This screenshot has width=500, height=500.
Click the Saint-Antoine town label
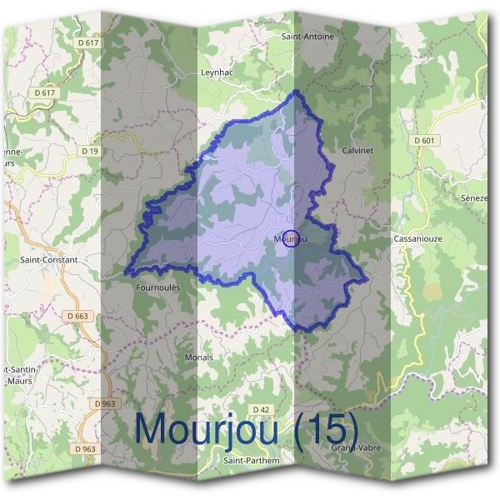(x=307, y=37)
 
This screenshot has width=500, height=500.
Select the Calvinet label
(x=357, y=150)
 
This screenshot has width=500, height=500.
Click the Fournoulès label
(x=157, y=287)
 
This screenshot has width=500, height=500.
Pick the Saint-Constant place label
(x=48, y=260)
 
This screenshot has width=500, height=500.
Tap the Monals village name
(x=198, y=357)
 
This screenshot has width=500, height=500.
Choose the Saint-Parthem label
(x=252, y=460)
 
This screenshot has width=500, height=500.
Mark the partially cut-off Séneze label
(x=475, y=198)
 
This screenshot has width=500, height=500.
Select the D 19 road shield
(x=91, y=151)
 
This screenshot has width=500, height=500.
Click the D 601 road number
(x=425, y=141)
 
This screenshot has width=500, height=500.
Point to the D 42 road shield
(x=260, y=410)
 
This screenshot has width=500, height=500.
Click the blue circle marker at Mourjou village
(x=291, y=239)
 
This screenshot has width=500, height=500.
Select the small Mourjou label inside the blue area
(x=289, y=239)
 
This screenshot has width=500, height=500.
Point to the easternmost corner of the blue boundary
(x=366, y=278)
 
